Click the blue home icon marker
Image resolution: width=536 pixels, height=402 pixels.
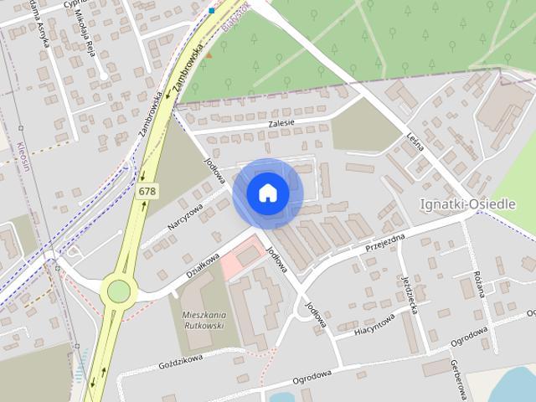click(267, 193)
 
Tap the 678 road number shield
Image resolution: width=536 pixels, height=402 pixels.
click(147, 192)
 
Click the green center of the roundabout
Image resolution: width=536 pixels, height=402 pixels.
click(119, 290)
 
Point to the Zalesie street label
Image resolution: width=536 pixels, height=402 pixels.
click(281, 123)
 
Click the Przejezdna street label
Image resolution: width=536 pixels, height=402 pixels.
click(385, 244)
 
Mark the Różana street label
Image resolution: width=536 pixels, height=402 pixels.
click(480, 285)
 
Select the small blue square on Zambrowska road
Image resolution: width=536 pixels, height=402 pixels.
click(212, 10)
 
